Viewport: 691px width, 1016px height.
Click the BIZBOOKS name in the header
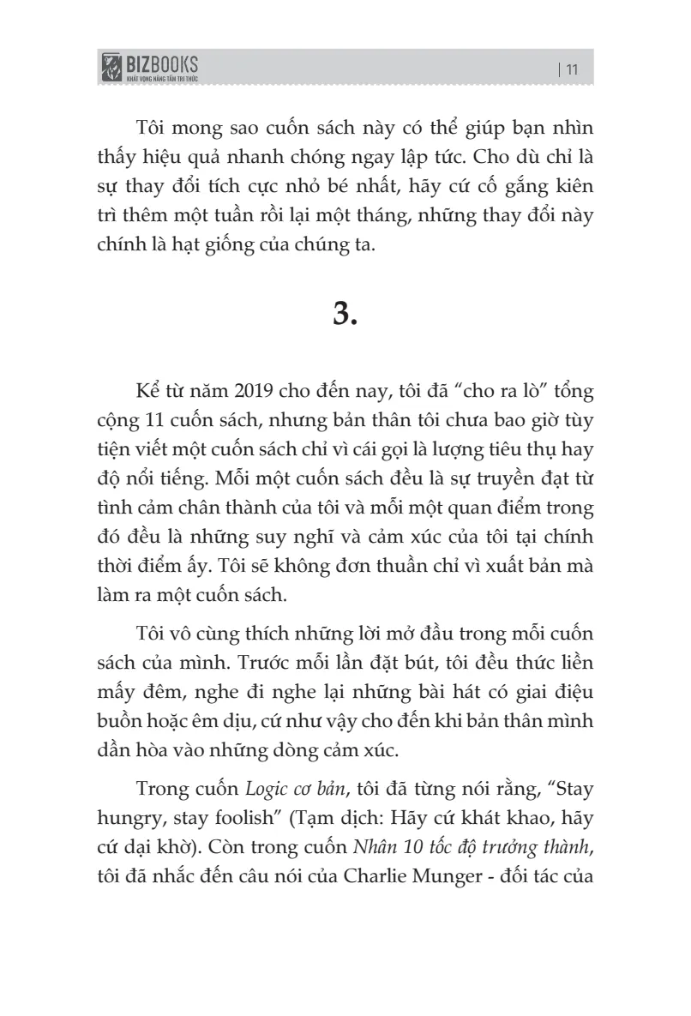point(162,63)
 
